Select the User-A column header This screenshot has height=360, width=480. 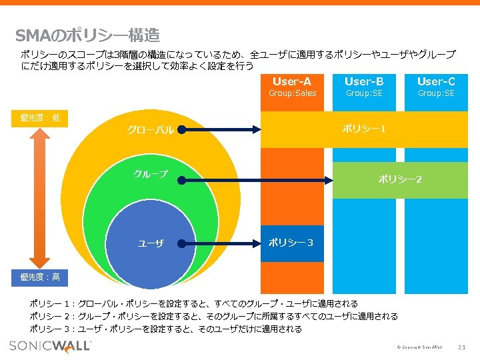click(292, 81)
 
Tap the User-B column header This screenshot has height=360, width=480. click(364, 81)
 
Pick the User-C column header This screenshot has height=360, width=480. click(436, 81)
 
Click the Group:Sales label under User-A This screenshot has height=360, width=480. click(292, 93)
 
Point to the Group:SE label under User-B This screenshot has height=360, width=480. click(364, 93)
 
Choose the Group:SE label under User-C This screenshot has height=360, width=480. click(436, 93)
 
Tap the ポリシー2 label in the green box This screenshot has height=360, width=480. click(400, 179)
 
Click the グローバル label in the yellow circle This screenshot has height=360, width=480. click(151, 130)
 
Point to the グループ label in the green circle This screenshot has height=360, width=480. click(151, 175)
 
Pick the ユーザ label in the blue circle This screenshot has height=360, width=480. click(151, 243)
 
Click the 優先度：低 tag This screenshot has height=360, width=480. click(39, 118)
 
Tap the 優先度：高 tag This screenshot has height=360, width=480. click(39, 277)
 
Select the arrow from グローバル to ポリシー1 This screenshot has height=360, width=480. click(220, 129)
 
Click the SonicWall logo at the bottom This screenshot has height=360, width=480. click(51, 345)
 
